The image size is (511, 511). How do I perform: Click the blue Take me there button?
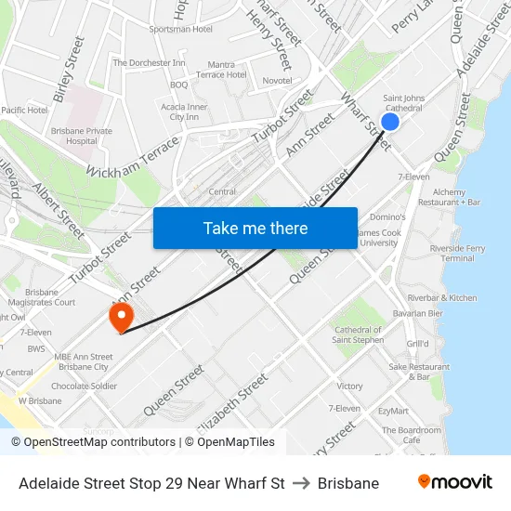pos(255,228)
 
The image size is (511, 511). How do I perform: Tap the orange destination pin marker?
pos(121,318)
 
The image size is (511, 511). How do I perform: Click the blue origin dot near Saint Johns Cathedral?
pos(390,122)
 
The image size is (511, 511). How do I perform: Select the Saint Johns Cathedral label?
pos(404,102)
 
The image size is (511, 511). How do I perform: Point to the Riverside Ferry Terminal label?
pos(458,254)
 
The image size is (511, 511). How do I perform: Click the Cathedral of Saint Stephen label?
pos(358,334)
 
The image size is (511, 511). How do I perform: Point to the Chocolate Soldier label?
pos(84,386)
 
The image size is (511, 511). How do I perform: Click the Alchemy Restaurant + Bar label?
pos(449,197)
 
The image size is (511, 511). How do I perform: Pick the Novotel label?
pos(277,81)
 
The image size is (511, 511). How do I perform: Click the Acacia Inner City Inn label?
pos(184,111)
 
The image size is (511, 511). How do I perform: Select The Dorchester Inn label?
pos(149,63)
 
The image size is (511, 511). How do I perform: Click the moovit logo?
pos(455,482)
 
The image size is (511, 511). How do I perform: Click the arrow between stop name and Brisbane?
pos(301,483)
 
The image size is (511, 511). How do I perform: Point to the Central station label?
pos(222,191)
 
